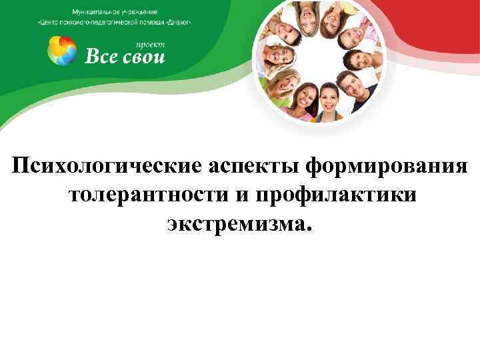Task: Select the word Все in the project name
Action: pyautogui.click(x=101, y=55)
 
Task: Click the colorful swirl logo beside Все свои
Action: pyautogui.click(x=62, y=51)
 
